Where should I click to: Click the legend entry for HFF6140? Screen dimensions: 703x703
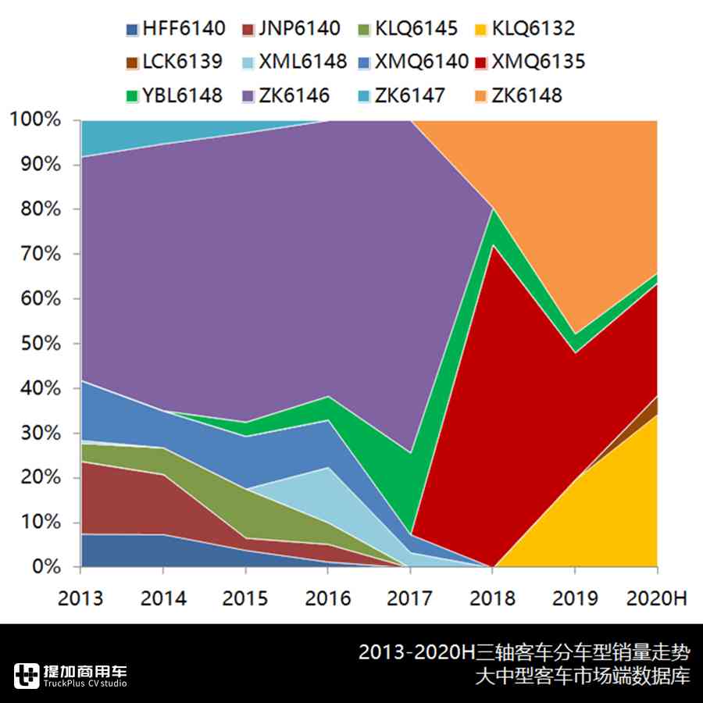point(175,29)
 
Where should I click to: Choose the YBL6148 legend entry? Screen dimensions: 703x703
point(175,95)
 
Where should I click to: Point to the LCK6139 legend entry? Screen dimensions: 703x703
point(175,62)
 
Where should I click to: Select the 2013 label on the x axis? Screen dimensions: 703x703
point(80,598)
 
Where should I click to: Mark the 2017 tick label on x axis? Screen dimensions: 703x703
point(410,598)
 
